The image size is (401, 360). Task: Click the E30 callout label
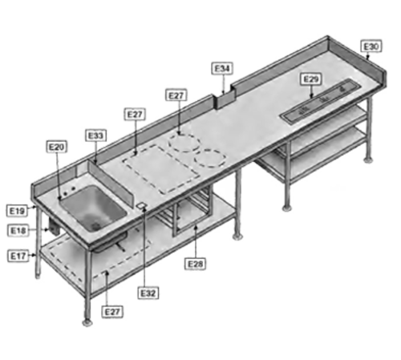[x=371, y=47]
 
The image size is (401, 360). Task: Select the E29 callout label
[x=312, y=78]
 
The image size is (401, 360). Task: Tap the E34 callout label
[x=222, y=68]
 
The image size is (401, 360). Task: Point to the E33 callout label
[x=97, y=136]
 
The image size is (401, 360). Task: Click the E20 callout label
[x=57, y=148]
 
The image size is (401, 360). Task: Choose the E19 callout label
[x=18, y=210]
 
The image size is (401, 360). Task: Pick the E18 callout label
[x=18, y=230]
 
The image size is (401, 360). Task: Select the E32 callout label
[x=148, y=293]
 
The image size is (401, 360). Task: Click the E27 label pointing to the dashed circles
[x=176, y=95]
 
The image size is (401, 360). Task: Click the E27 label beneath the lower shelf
[x=113, y=310]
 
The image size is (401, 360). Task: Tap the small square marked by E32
[x=141, y=206]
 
